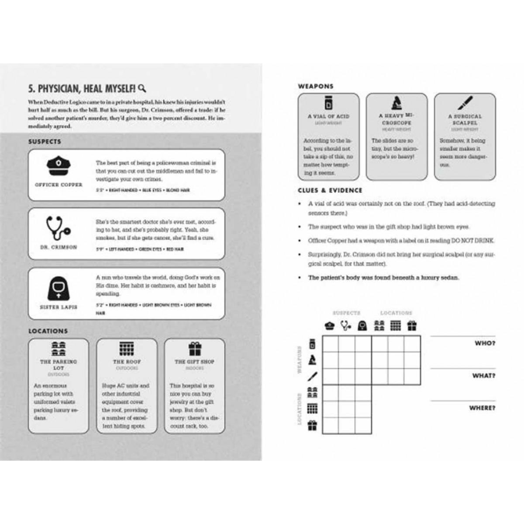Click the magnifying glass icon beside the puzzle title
click(142, 88)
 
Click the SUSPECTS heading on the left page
click(45, 141)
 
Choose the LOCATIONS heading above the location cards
click(48, 331)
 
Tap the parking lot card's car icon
click(59, 348)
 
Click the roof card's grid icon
click(127, 348)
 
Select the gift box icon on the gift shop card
click(194, 348)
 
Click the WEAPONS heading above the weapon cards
click(316, 86)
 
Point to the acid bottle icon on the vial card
click(328, 103)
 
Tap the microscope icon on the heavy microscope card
click(396, 103)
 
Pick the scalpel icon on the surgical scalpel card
click(465, 103)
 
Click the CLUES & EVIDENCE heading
click(330, 190)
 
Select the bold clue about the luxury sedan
click(383, 278)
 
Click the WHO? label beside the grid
click(485, 343)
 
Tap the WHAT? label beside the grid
click(483, 376)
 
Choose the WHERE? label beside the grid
click(482, 408)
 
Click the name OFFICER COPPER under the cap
click(59, 185)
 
